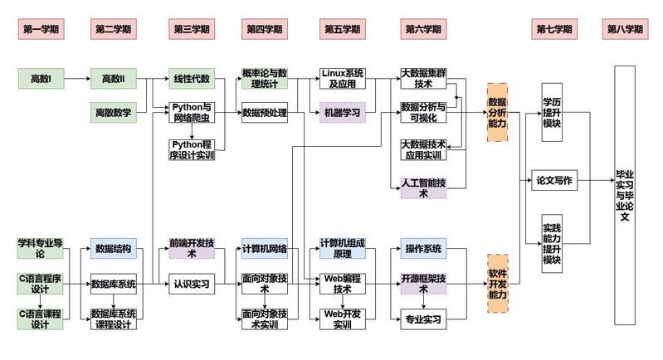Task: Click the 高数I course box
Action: (41, 79)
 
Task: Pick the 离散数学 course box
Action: (114, 112)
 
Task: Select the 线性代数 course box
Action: (192, 79)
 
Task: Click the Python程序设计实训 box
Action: (192, 148)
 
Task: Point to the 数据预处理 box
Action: (265, 112)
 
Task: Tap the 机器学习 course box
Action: (341, 112)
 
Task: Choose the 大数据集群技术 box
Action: (423, 79)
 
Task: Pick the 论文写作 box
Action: (553, 180)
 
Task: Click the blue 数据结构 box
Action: (114, 248)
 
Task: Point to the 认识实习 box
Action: (192, 284)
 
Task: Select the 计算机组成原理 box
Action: (341, 248)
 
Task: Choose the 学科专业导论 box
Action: (41, 248)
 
